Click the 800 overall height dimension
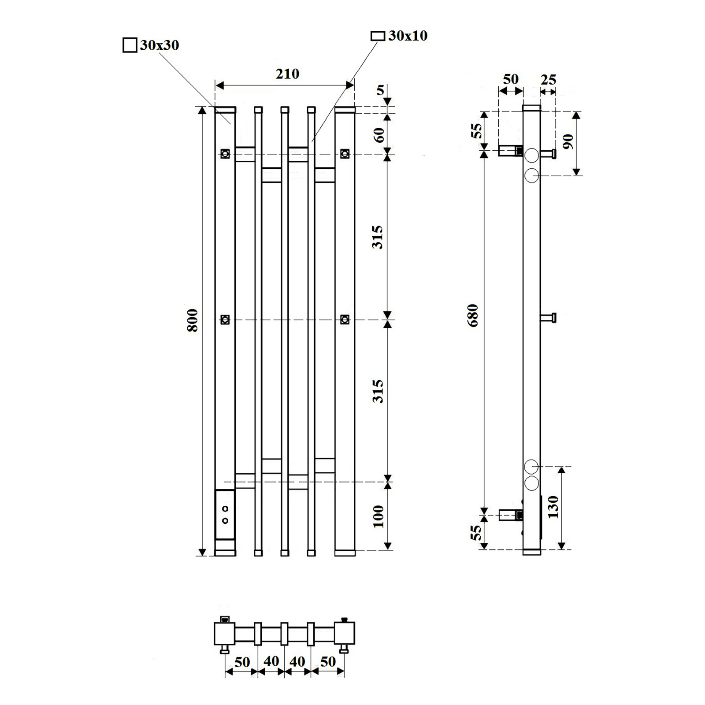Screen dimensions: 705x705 [193, 320]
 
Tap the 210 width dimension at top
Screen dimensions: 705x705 [287, 74]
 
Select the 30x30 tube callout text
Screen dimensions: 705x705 [160, 45]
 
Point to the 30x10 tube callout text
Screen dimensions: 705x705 [408, 36]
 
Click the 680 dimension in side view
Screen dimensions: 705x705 [473, 315]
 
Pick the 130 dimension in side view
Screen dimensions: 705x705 [553, 507]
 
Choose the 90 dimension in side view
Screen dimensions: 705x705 [568, 141]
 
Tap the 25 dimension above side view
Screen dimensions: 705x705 [549, 80]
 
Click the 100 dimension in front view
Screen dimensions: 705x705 [378, 516]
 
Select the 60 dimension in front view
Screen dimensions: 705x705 [379, 134]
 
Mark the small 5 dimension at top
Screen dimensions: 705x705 [380, 90]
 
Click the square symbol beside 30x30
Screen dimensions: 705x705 [130, 45]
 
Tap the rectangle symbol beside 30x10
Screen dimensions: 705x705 [378, 36]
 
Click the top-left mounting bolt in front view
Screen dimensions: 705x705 [225, 154]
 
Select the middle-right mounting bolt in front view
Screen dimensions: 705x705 [345, 319]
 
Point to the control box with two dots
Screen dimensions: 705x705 [225, 515]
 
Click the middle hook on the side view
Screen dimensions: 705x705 [549, 317]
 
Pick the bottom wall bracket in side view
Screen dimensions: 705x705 [511, 515]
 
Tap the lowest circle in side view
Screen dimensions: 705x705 [532, 483]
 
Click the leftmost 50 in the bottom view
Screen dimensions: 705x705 [242, 662]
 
